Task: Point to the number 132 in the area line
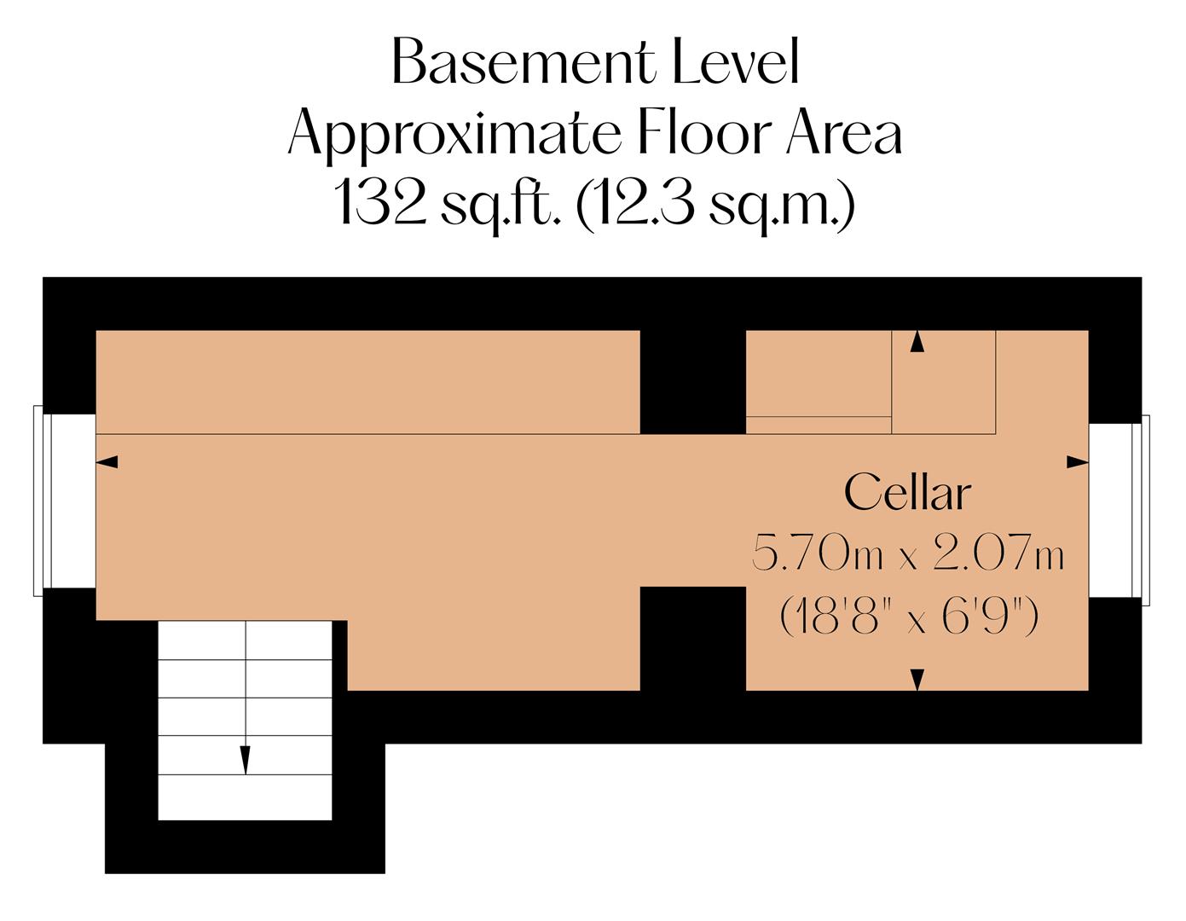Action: (x=380, y=203)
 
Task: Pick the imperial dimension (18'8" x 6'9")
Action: (x=909, y=615)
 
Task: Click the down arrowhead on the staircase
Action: (x=246, y=760)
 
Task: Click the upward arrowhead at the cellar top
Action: (x=917, y=342)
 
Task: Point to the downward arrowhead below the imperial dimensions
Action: (x=917, y=680)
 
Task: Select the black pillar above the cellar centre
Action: (x=692, y=382)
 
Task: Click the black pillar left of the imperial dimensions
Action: (x=692, y=638)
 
